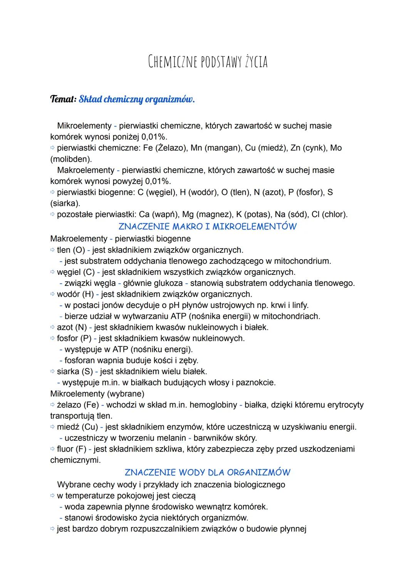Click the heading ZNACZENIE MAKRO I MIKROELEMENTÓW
tap(208, 226)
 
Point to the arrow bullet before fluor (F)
tap(53, 449)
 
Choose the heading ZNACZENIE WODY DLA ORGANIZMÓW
tap(208, 472)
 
